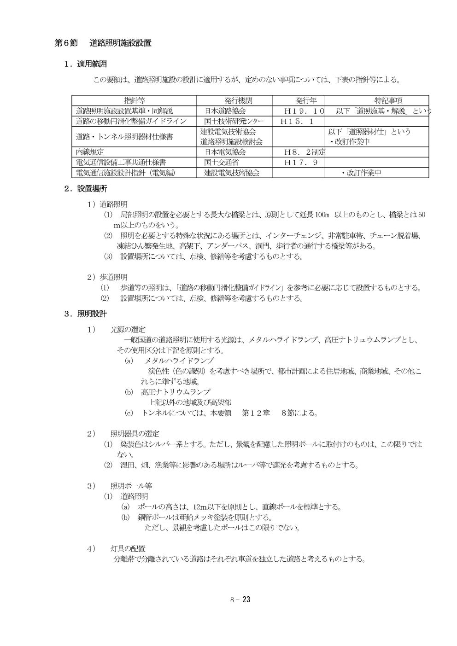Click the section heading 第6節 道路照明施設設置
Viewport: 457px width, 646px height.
point(103,43)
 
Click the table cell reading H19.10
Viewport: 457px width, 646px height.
point(305,111)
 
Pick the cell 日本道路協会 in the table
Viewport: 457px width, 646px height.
point(225,111)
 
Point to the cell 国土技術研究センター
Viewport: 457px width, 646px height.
point(234,122)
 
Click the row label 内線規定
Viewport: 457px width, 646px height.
point(90,152)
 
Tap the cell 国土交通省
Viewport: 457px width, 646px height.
point(222,163)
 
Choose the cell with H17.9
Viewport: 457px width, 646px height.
point(299,163)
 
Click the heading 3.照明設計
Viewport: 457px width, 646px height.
point(86,314)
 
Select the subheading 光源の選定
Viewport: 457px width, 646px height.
point(128,330)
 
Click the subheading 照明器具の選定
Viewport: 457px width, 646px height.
point(135,434)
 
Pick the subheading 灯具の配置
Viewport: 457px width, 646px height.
point(128,548)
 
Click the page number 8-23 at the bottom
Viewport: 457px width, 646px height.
point(240,599)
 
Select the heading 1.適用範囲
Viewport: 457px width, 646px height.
point(86,64)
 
